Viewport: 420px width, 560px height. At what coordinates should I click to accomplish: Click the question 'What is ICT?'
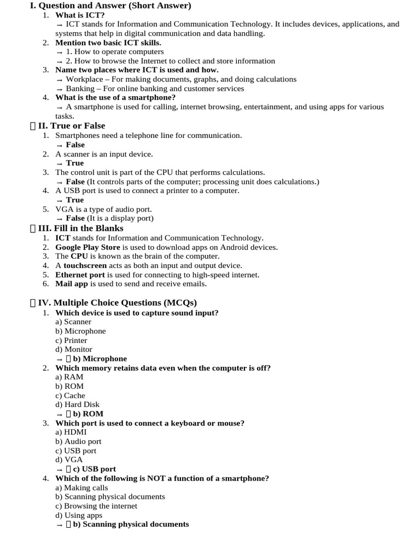tap(80, 15)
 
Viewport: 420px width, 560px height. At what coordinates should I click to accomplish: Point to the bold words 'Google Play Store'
tap(87, 247)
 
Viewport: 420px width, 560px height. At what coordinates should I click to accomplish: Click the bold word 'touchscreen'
tap(85, 265)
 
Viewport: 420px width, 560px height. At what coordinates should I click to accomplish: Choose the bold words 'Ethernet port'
tap(80, 275)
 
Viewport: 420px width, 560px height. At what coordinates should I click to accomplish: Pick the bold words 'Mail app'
tap(72, 284)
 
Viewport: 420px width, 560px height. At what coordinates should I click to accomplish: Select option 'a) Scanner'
tap(73, 322)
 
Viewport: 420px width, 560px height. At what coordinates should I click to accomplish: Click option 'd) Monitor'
tap(74, 349)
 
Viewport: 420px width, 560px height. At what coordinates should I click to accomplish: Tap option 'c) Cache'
tap(70, 395)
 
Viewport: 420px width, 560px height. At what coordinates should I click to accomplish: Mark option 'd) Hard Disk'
tap(77, 405)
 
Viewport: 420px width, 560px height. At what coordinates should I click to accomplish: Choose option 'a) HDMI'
tap(71, 432)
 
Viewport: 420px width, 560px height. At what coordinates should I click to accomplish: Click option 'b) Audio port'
tap(78, 441)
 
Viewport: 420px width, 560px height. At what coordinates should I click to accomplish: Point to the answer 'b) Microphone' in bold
tap(100, 359)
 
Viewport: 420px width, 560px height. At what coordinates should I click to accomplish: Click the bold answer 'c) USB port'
tap(94, 469)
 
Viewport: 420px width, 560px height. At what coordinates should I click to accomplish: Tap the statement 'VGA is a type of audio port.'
tap(104, 209)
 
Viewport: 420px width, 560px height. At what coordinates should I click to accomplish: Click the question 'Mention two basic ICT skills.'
tap(108, 43)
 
